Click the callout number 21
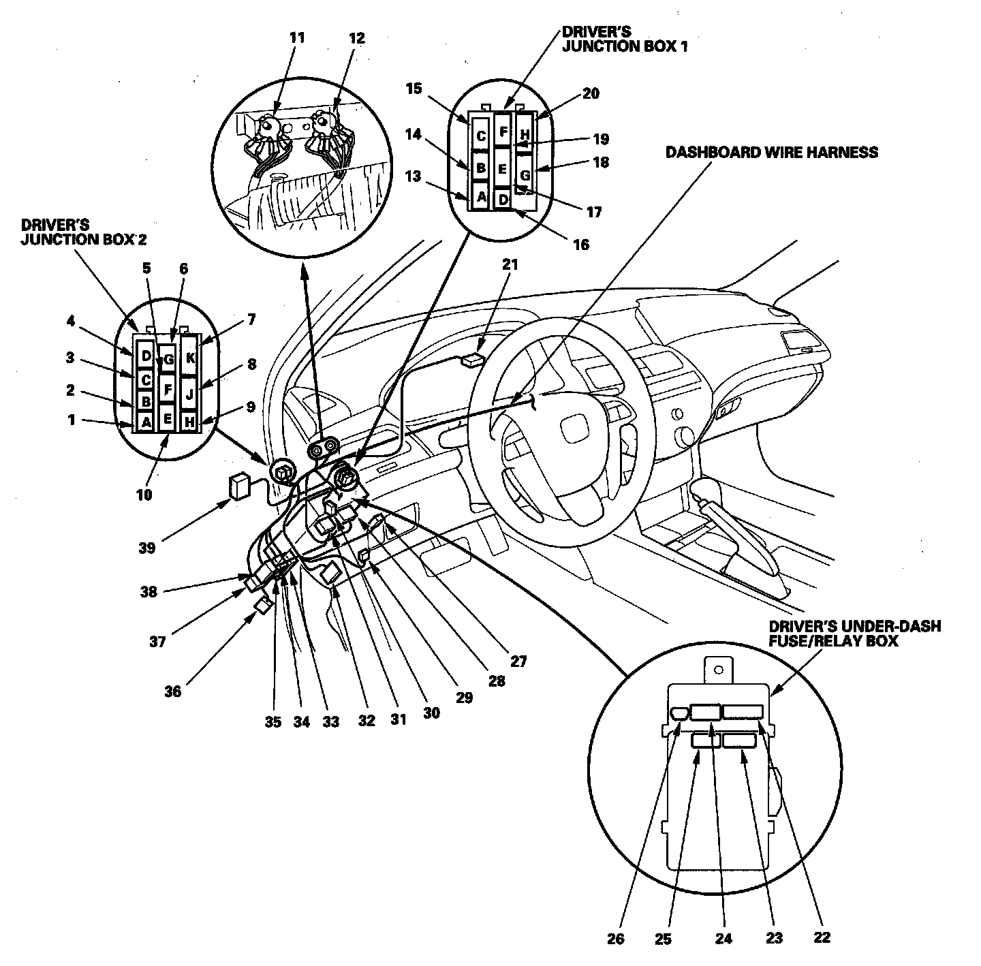point(510,265)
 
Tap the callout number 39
point(148,547)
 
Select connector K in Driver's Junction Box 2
point(190,356)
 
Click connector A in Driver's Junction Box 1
point(481,198)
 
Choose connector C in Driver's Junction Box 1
point(481,136)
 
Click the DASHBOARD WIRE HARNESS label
point(772,152)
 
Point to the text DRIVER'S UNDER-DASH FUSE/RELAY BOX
point(854,634)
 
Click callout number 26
point(615,938)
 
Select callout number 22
point(822,937)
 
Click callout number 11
point(297,37)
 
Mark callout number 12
point(357,38)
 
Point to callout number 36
point(173,691)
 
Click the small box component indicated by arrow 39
point(240,486)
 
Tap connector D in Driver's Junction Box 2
point(145,355)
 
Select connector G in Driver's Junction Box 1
point(525,175)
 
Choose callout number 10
point(144,495)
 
